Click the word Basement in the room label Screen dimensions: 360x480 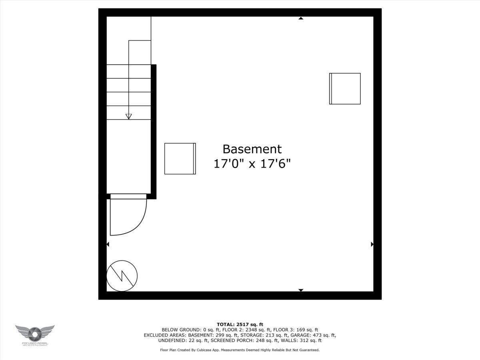pos(252,149)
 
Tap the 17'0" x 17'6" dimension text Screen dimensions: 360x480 pos(252,164)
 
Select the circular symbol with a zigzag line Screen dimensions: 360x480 pos(122,276)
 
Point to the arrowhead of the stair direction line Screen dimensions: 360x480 pos(128,116)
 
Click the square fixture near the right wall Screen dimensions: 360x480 pos(345,88)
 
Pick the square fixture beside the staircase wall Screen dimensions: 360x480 pos(180,158)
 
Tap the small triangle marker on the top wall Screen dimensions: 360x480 pos(301,18)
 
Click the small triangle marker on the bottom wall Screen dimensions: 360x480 pos(301,290)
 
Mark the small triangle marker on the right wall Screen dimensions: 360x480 pos(372,244)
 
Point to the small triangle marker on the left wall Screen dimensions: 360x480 pos(108,244)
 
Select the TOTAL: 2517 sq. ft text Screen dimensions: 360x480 pos(240,324)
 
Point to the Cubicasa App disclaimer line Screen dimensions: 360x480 pos(240,350)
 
